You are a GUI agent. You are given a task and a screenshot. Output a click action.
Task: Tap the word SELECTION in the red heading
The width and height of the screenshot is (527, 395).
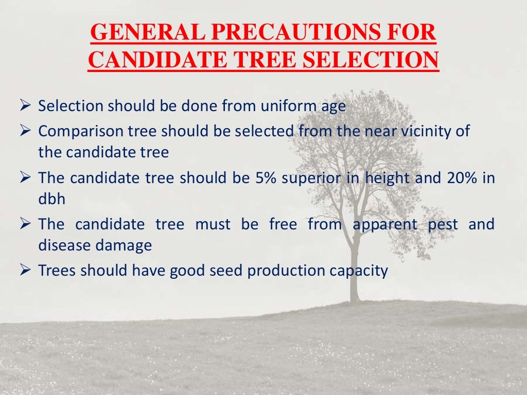[368, 61]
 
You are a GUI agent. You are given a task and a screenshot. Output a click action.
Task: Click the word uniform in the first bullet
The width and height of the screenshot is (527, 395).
[292, 106]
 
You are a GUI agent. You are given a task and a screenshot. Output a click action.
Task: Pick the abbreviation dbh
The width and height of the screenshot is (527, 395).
[52, 199]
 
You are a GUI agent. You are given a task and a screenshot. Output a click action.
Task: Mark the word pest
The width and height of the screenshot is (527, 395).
[443, 225]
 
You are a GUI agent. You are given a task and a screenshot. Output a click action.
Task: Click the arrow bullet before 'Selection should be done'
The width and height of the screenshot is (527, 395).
[26, 106]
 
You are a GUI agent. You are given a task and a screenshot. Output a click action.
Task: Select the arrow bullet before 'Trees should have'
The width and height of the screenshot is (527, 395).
[26, 271]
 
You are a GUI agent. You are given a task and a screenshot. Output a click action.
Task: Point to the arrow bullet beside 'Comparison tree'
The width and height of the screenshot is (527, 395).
[26, 131]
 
